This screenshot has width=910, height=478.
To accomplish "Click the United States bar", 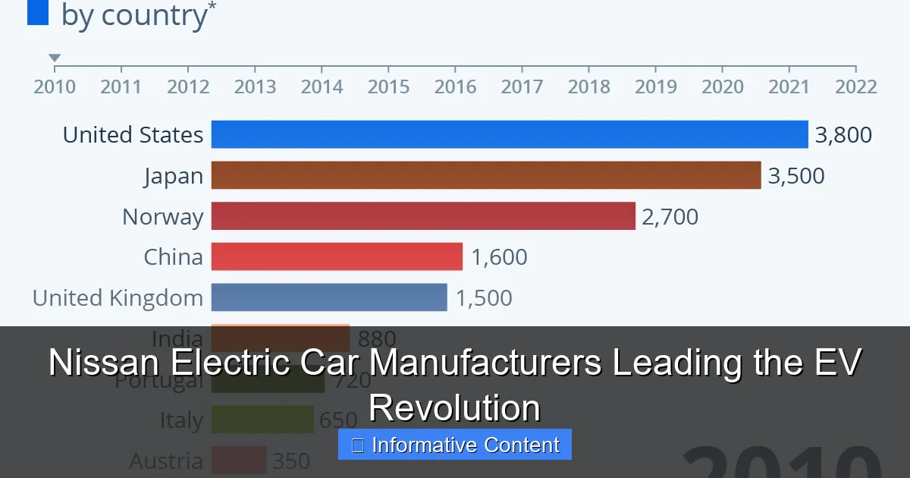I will (x=510, y=134).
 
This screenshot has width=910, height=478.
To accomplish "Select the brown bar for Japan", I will (x=485, y=175).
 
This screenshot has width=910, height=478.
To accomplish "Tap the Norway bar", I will (x=423, y=216).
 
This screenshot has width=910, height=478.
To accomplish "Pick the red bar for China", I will (x=337, y=256).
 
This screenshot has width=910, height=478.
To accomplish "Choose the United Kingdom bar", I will (x=329, y=297).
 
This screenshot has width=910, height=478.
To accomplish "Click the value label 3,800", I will (x=843, y=135).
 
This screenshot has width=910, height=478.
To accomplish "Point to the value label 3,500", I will (x=796, y=176).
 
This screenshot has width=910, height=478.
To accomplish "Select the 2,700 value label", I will (x=670, y=217).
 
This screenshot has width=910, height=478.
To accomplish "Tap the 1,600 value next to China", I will (x=499, y=257).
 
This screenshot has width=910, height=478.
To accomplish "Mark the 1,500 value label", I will (x=484, y=298).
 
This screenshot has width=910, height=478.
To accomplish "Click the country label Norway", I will (x=162, y=217).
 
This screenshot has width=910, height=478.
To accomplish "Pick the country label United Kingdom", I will (x=118, y=298).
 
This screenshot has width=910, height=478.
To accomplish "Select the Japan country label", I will (x=174, y=176).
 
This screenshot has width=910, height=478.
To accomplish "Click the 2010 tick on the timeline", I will (x=55, y=86).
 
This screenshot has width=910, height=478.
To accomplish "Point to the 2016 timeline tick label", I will (x=455, y=86).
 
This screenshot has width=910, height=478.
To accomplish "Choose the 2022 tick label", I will (x=855, y=86).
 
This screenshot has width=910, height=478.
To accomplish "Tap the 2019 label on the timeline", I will (x=655, y=86).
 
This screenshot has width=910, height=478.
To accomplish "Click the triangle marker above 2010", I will (x=55, y=58).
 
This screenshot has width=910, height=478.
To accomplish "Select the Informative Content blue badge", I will (x=455, y=445).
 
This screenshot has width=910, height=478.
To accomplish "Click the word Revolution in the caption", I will (x=455, y=407).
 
